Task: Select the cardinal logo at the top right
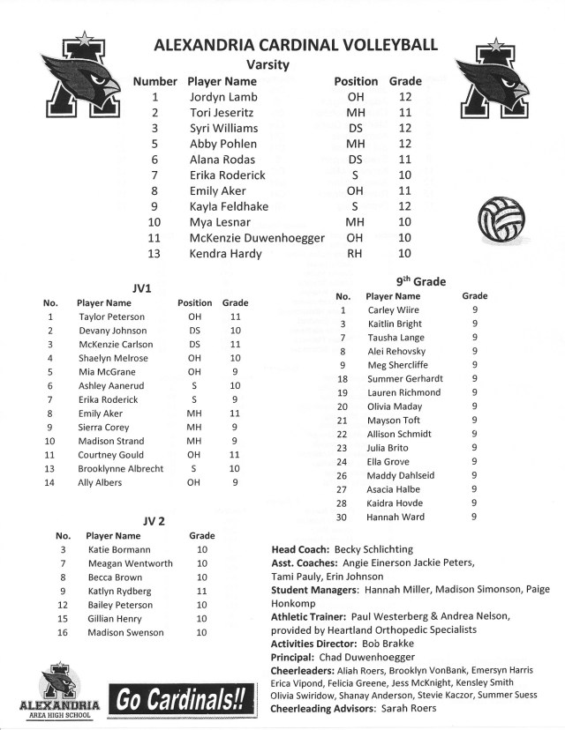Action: pos(491,78)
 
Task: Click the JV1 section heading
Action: pos(142,287)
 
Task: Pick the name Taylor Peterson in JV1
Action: pos(111,317)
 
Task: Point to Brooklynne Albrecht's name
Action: pos(121,469)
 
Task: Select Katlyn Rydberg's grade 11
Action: pos(202,591)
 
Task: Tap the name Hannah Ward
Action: pos(395,517)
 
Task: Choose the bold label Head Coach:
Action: pos(300,549)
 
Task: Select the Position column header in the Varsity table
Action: pos(356,81)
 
